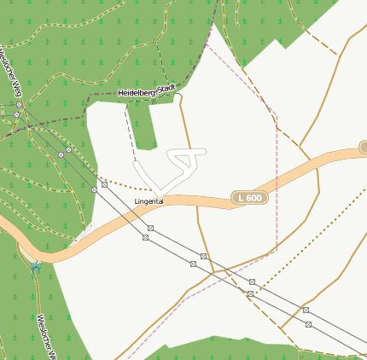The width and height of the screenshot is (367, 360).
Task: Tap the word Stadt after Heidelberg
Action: [x=167, y=87]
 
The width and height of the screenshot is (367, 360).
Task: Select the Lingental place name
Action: [x=149, y=201]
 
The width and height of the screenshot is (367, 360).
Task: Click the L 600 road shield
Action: [x=250, y=198]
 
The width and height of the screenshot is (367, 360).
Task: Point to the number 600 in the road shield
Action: [x=254, y=198]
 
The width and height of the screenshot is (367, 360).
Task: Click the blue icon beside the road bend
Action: [x=36, y=266]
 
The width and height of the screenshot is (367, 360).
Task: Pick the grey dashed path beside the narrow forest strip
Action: [x=130, y=128]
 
